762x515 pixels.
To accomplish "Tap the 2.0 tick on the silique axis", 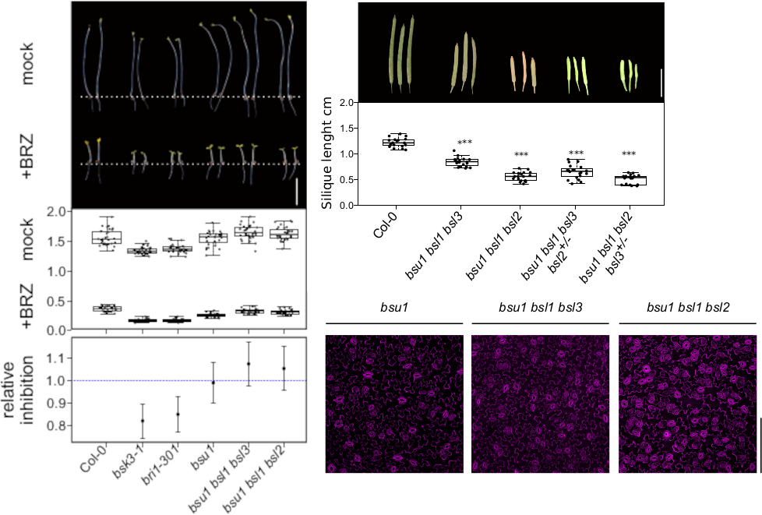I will click(x=347, y=103).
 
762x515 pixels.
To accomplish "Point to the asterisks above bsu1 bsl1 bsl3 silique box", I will click(x=465, y=143).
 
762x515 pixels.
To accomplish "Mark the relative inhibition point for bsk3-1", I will click(x=143, y=421).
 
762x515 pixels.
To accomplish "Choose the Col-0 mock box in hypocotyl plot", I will click(x=107, y=238).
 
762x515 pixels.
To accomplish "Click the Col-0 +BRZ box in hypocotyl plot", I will click(x=107, y=309).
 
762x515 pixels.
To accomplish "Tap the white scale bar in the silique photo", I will click(x=661, y=83).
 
